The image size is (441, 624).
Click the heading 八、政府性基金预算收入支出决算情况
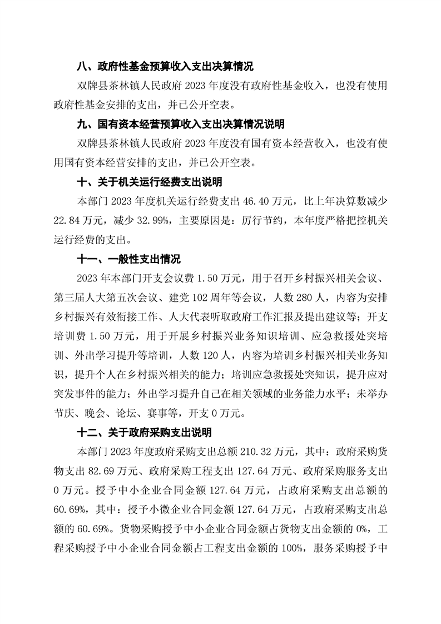pyautogui.click(x=165, y=67)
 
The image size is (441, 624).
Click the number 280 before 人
pyautogui.click(x=242, y=298)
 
